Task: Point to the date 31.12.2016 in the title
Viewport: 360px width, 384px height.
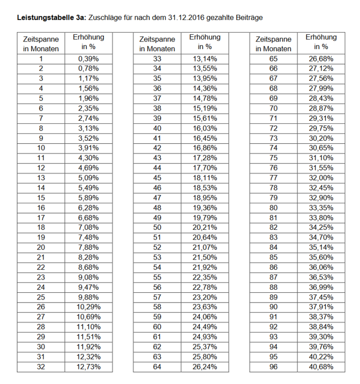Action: pyautogui.click(x=186, y=17)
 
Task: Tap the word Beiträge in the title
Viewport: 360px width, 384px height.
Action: pyautogui.click(x=248, y=17)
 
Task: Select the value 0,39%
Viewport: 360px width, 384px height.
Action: pyautogui.click(x=88, y=59)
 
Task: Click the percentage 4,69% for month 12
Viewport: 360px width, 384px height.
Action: pyautogui.click(x=88, y=168)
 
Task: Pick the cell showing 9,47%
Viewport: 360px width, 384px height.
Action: pyautogui.click(x=88, y=287)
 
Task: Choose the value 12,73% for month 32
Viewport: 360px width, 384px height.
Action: pyautogui.click(x=88, y=367)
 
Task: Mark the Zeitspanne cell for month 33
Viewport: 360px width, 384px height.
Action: pyautogui.click(x=157, y=59)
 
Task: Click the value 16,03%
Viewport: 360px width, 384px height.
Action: pyautogui.click(x=205, y=129)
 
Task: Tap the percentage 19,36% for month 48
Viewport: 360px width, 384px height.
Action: pyautogui.click(x=205, y=208)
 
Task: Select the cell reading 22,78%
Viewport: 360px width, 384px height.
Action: pyautogui.click(x=205, y=287)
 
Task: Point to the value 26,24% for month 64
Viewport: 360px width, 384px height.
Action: pyautogui.click(x=205, y=367)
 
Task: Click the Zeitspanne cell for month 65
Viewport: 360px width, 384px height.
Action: pyautogui.click(x=273, y=59)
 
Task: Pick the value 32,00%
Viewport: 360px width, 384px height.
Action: pyautogui.click(x=321, y=178)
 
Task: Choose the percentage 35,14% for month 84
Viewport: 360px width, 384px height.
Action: pyautogui.click(x=321, y=247)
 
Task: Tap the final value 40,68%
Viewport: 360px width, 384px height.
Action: pyautogui.click(x=321, y=367)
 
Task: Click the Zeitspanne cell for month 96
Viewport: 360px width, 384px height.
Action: pyautogui.click(x=273, y=367)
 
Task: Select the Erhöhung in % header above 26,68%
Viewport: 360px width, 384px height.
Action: pyautogui.click(x=321, y=42)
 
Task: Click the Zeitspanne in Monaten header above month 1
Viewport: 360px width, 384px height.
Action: pyautogui.click(x=41, y=44)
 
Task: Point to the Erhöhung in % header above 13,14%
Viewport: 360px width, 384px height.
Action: pyautogui.click(x=205, y=42)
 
